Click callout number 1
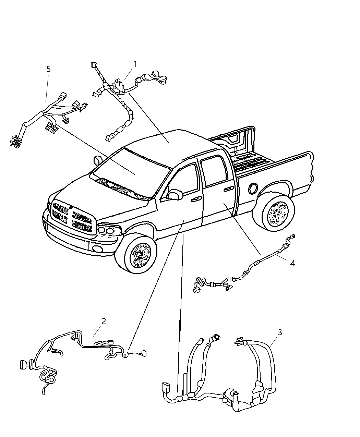tap(135, 64)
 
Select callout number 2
tap(104, 321)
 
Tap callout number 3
tap(280, 332)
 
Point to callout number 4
tap(292, 263)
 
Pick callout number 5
tap(48, 69)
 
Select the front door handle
tap(196, 199)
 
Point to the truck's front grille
tap(72, 217)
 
